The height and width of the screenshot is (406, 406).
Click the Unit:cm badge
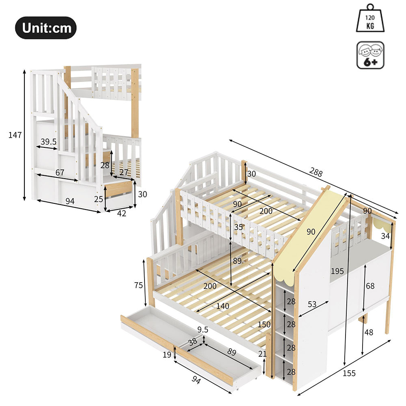click(46, 28)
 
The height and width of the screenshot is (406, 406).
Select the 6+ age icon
click(370, 55)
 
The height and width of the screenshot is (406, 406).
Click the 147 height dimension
click(15, 135)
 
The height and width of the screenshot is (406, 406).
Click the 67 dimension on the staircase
click(60, 173)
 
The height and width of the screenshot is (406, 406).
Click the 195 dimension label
click(337, 271)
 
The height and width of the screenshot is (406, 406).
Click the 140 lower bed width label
click(222, 306)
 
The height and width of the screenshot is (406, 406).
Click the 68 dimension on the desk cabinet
click(370, 286)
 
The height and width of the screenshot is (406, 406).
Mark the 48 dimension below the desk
click(368, 332)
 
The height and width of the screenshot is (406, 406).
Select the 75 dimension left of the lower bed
click(138, 285)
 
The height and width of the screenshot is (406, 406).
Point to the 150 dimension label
click(264, 325)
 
